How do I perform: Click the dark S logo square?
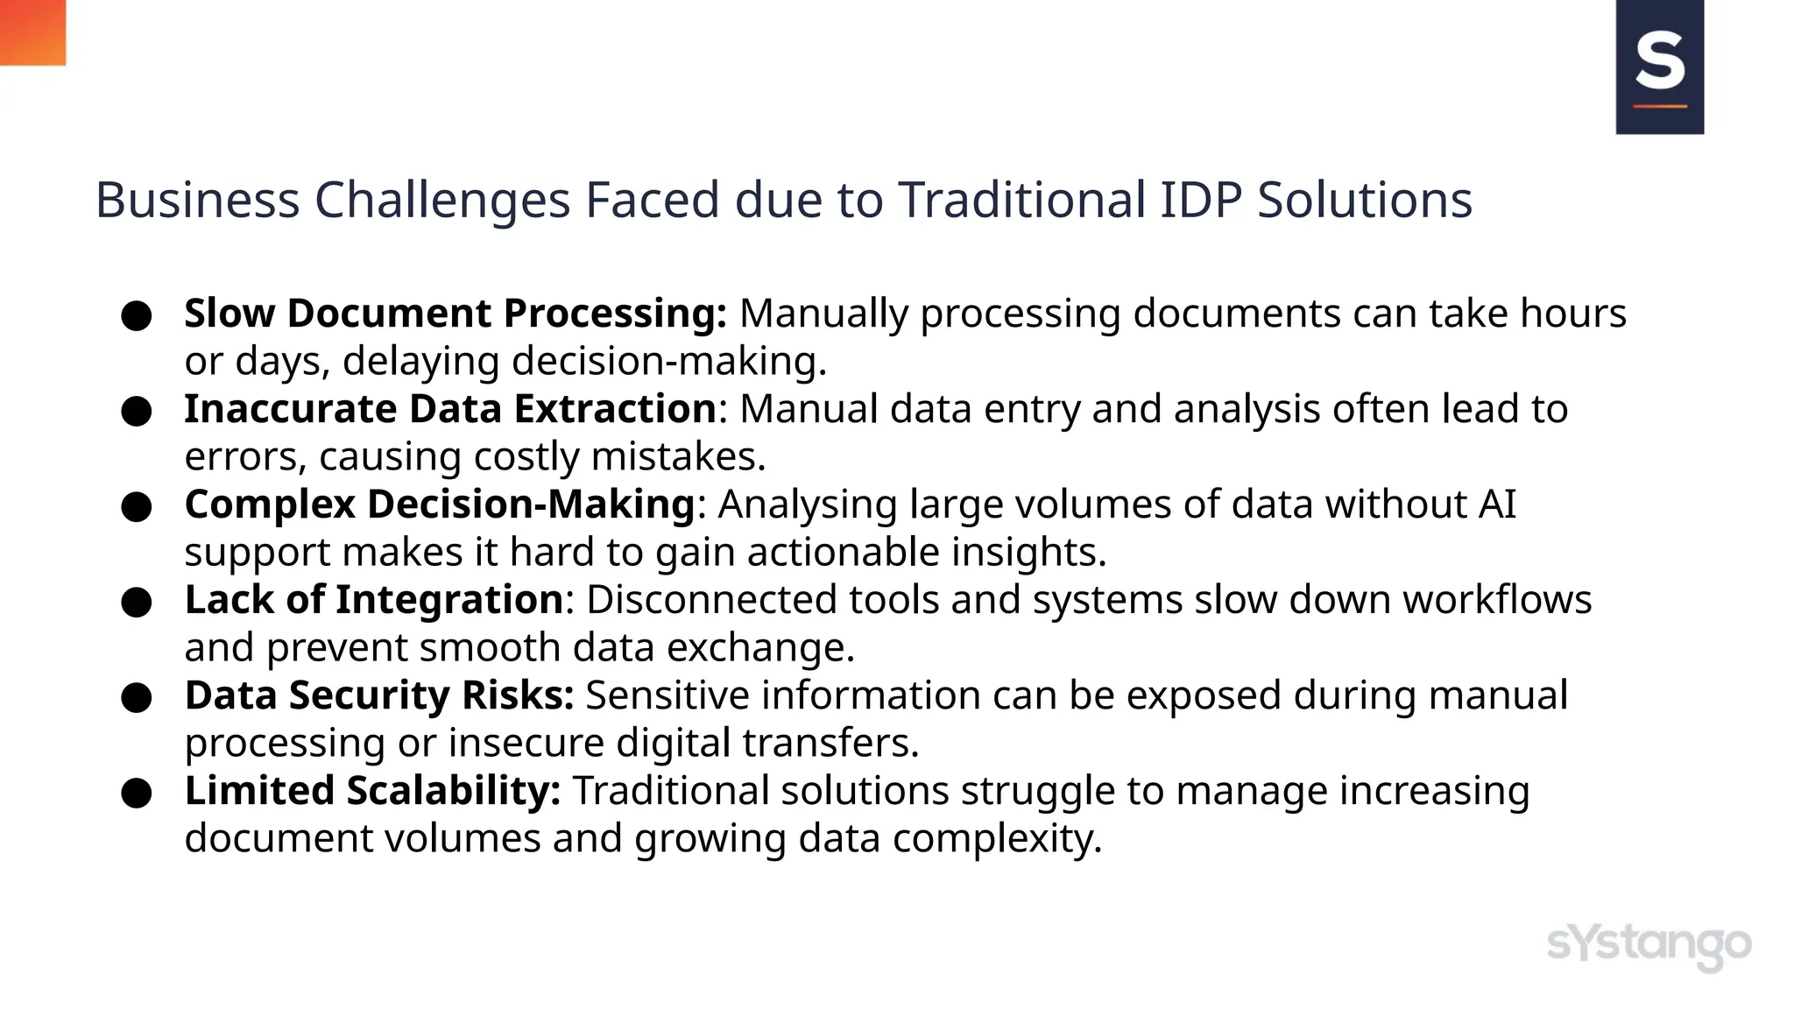[1659, 67]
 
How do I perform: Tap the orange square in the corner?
[32, 32]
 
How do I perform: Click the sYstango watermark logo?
[1649, 946]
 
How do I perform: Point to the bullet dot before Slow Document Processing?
[137, 316]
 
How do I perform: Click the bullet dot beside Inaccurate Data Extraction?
[137, 412]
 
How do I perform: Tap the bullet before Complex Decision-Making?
[137, 507]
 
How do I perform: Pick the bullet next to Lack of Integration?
[137, 603]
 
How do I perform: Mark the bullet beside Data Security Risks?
[137, 698]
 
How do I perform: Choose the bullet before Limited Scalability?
[137, 794]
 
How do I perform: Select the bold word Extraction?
[615, 409]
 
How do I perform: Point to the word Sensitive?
[667, 695]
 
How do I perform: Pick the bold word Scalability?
[454, 791]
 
